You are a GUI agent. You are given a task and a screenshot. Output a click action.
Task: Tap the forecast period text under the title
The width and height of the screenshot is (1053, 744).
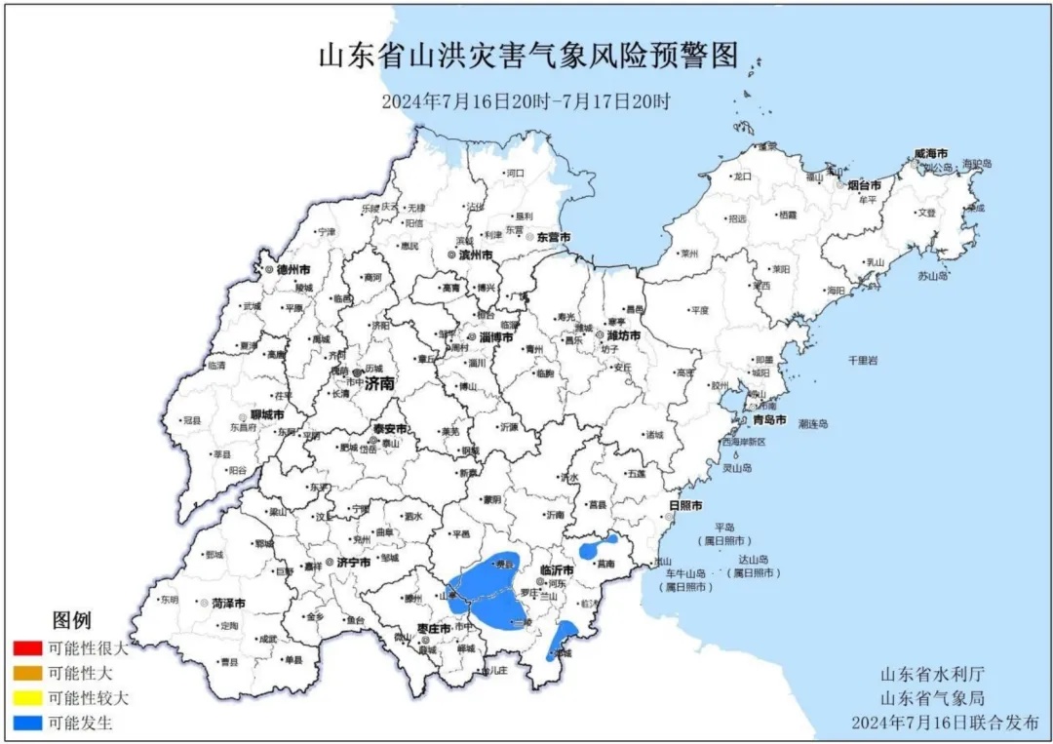(526, 100)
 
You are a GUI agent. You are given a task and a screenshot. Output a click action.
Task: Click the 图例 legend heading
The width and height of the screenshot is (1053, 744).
(71, 620)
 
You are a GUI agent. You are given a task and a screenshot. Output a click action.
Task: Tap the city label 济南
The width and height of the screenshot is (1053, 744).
(381, 384)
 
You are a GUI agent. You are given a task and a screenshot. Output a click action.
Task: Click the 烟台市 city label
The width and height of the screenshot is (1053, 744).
(863, 184)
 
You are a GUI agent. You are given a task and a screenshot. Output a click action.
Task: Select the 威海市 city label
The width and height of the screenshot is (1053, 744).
(930, 154)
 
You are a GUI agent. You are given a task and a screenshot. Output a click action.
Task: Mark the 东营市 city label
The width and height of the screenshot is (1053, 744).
(552, 238)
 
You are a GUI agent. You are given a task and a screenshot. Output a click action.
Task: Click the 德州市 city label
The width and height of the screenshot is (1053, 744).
(292, 269)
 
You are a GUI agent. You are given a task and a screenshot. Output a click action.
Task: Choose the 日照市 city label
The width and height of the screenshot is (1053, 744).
(685, 505)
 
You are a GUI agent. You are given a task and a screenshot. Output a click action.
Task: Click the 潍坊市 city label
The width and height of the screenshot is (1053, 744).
(623, 335)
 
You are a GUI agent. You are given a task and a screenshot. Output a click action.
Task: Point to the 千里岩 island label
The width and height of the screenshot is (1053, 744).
(861, 361)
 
